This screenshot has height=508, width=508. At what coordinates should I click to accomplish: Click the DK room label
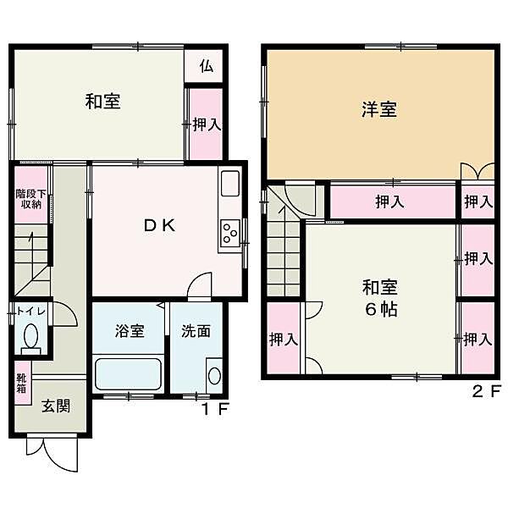[157, 226]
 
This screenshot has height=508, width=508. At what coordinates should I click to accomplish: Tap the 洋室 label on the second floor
[380, 110]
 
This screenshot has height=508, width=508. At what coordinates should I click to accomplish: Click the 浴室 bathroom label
[129, 331]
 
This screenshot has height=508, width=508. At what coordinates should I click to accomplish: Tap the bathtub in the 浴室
[127, 373]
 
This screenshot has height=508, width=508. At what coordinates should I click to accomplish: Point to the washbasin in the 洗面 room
[213, 376]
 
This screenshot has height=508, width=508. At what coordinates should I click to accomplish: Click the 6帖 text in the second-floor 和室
[381, 308]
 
